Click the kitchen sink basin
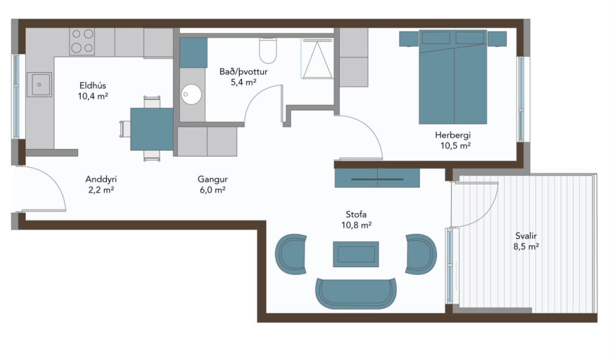pyautogui.click(x=39, y=85)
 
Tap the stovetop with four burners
pyautogui.click(x=82, y=42)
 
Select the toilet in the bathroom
pyautogui.click(x=268, y=51)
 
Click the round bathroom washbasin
pyautogui.click(x=191, y=94)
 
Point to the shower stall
pyautogui.click(x=317, y=58)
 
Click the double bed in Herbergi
pyautogui.click(x=453, y=77)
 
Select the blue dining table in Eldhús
pyautogui.click(x=152, y=129)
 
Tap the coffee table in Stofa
pyautogui.click(x=356, y=254)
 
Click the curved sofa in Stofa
pyautogui.click(x=356, y=293)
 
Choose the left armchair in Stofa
pyautogui.click(x=291, y=254)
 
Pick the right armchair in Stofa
pyautogui.click(x=421, y=254)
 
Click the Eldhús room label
pyautogui.click(x=93, y=85)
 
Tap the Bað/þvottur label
pyautogui.click(x=243, y=72)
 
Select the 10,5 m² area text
pyautogui.click(x=455, y=146)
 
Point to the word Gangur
pyautogui.click(x=212, y=180)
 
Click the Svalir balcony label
pyautogui.click(x=526, y=236)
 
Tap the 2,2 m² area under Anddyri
pyautogui.click(x=101, y=190)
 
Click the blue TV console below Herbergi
pyautogui.click(x=377, y=178)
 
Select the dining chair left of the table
pyautogui.click(x=125, y=129)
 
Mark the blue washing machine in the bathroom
pyautogui.click(x=193, y=53)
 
